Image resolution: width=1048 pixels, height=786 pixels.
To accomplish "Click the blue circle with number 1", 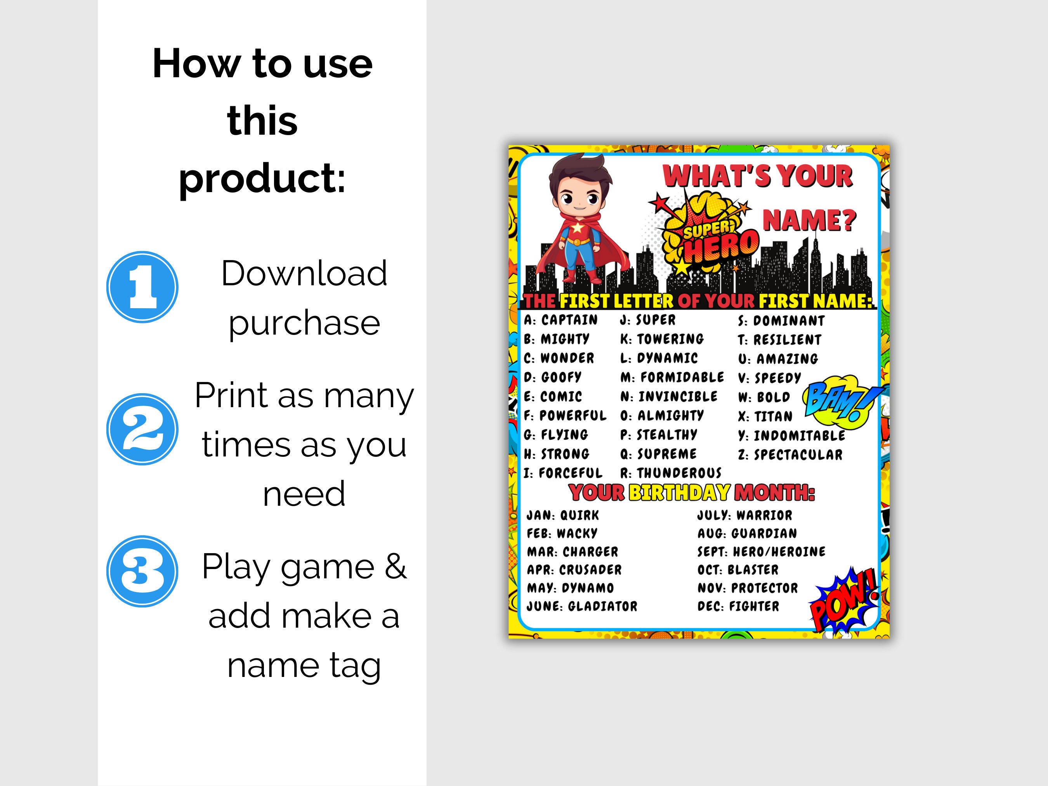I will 142,287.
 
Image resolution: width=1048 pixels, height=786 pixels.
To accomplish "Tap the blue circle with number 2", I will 142,429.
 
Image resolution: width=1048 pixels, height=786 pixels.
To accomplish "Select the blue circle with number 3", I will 142,571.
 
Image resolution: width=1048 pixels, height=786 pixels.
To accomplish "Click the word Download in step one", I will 304,273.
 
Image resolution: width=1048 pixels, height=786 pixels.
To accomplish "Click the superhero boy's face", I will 580,199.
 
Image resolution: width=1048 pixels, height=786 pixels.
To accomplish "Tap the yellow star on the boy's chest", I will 578,228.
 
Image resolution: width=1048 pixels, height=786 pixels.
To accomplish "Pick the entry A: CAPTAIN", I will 561,320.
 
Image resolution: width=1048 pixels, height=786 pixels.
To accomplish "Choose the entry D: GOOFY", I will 552,377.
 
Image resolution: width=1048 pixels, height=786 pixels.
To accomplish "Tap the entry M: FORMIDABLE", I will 672,377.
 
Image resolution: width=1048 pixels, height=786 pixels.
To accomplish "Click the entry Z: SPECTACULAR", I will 790,455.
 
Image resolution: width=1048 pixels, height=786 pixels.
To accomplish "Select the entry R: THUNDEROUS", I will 671,473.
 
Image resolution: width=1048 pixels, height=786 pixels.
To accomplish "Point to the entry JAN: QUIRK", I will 563,515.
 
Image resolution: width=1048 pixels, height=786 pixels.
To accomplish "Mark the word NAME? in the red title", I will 809,220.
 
